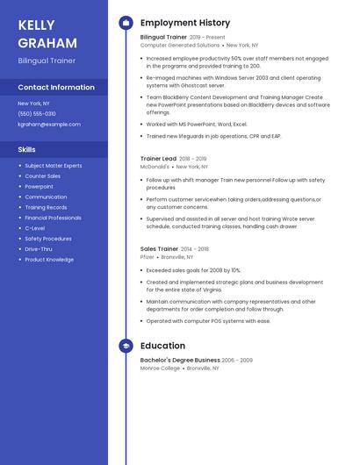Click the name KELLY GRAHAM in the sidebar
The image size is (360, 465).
pos(47,34)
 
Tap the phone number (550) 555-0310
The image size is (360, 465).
pos(37,113)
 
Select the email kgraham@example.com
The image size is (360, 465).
pos(49,125)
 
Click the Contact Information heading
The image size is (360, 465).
pos(56,88)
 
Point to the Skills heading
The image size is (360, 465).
pos(27,149)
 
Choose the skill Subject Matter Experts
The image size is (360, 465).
pos(54,166)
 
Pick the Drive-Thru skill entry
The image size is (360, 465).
pos(39,249)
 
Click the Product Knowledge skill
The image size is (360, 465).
pos(49,260)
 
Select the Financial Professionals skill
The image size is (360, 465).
pos(53,218)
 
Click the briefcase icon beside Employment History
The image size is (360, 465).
pos(126,23)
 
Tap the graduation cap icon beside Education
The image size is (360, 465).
pos(126,346)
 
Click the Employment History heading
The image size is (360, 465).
pos(185,23)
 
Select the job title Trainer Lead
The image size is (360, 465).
pos(158,159)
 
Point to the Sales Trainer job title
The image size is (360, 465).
pos(160,249)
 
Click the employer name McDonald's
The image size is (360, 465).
pos(155,167)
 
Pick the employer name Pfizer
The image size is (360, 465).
pos(147,257)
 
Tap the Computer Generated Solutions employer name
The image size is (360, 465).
pos(180,45)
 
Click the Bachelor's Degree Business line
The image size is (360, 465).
pos(180,360)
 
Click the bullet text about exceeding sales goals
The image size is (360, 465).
pos(193,270)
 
